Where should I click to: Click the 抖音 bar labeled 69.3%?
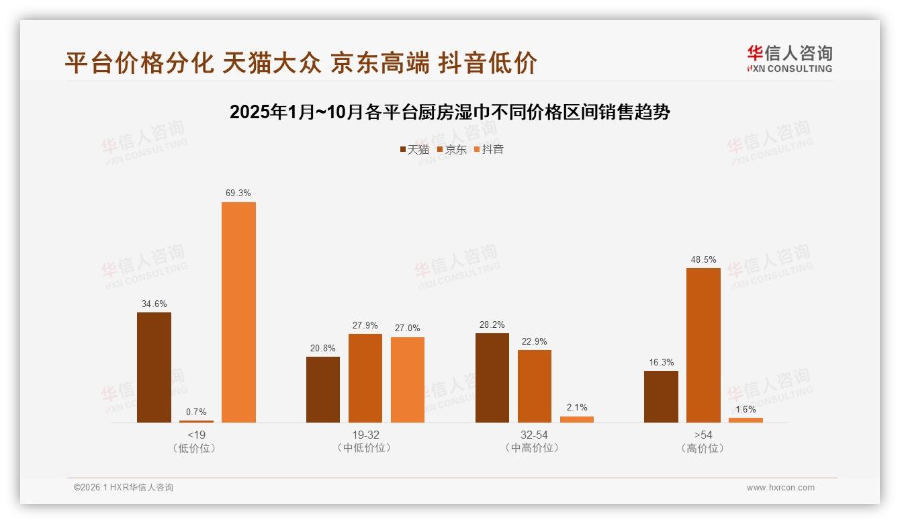pos(238,312)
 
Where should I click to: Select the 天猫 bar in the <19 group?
pos(154,367)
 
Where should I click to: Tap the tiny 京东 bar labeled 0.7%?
pos(196,421)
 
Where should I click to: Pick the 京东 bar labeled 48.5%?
pos(703,345)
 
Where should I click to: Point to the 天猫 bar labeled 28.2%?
pos(492,378)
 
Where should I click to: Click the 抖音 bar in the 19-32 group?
pos(408,380)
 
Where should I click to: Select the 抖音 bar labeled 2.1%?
pos(577,419)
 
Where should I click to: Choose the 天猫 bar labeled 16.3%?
pos(661,396)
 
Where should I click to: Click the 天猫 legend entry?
pos(414,149)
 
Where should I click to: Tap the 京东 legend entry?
pos(452,149)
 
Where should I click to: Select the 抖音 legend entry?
pos(489,149)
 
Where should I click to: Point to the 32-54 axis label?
pos(535,435)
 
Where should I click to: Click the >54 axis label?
pos(703,435)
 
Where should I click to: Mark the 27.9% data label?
pos(365,325)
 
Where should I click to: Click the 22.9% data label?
pos(535,341)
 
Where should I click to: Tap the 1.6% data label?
pos(746,409)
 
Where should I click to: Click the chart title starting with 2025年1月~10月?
pos(450,112)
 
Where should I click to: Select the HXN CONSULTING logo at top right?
pos(789,59)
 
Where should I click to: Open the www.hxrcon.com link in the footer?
pos(780,488)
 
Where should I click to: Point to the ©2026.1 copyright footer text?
pos(124,488)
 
